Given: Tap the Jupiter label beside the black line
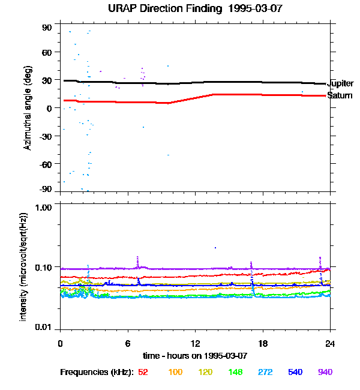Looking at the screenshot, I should (x=340, y=84).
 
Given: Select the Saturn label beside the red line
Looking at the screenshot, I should (x=340, y=95).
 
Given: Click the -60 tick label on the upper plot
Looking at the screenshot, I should (x=46, y=163).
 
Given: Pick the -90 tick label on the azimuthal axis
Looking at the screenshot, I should (x=46, y=189).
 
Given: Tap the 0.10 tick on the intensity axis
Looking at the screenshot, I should (x=44, y=266).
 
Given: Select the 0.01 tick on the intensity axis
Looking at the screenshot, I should (x=44, y=327).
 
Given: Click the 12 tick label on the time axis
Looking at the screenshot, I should (x=195, y=343).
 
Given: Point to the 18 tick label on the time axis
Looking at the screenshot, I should (x=262, y=343).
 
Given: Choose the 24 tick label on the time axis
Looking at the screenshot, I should (x=329, y=343).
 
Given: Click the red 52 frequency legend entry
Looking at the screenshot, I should (x=143, y=372).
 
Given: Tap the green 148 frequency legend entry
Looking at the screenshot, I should (x=236, y=372).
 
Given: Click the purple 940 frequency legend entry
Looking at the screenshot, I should (x=325, y=372).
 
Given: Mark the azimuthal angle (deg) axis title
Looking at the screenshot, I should (x=28, y=109).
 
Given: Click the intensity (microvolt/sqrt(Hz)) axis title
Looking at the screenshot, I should (x=24, y=266).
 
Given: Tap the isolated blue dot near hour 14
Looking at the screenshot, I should (x=215, y=247).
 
